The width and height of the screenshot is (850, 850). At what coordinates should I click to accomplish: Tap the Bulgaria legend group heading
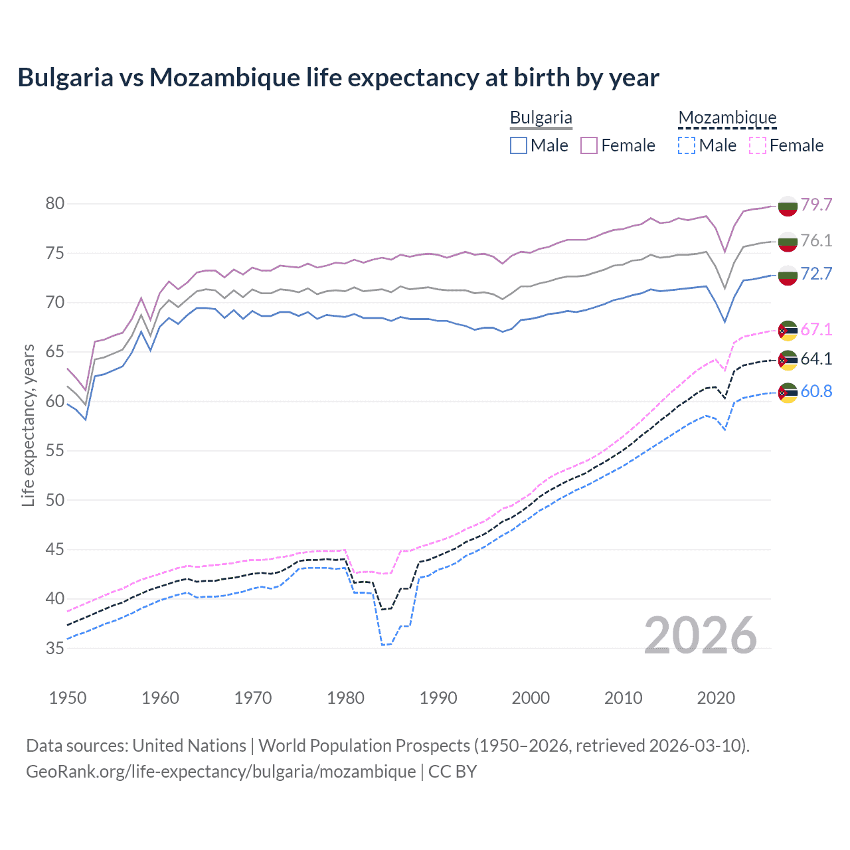541,118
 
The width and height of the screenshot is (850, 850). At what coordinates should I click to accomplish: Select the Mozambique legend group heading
727,118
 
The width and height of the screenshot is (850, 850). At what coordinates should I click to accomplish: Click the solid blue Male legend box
519,145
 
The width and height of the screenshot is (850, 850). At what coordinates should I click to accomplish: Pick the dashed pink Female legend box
758,145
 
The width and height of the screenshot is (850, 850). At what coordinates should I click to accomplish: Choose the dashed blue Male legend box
687,145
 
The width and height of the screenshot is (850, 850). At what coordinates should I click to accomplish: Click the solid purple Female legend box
589,145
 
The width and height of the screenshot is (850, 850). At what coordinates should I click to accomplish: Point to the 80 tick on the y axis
55,204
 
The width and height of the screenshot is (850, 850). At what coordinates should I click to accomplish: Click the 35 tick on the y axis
55,648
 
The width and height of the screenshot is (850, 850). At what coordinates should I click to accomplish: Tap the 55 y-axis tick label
55,451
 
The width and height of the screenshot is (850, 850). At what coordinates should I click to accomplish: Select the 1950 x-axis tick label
68,698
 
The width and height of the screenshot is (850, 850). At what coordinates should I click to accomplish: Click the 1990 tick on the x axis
438,698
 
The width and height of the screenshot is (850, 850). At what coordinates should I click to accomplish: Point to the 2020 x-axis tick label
716,698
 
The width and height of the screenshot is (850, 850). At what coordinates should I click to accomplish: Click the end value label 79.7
816,205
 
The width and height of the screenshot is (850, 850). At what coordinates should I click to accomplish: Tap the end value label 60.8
816,391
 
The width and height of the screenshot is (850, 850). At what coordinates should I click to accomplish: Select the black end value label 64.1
816,359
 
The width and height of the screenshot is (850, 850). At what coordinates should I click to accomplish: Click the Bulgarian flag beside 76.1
788,241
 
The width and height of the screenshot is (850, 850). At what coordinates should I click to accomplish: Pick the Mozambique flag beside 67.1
788,330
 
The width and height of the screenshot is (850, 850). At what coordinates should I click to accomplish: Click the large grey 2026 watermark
701,636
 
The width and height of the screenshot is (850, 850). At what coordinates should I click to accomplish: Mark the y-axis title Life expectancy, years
28,425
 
